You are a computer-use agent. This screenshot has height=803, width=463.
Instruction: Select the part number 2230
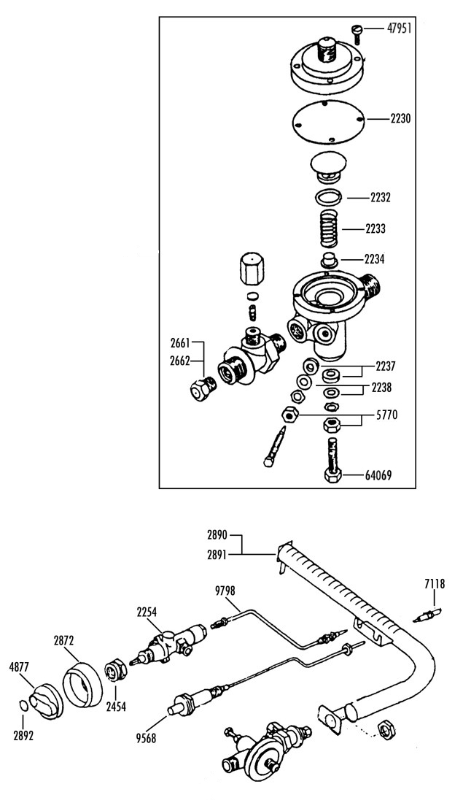pos(400,119)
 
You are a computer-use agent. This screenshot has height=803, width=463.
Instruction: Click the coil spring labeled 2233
pos(324,228)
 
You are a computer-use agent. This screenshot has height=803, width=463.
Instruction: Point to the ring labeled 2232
pos(327,196)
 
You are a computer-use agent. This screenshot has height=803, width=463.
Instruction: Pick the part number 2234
pos(375,260)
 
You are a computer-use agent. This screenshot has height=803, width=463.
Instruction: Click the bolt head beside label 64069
pos(332,476)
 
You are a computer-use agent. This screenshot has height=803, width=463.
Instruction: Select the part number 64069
pos(378,476)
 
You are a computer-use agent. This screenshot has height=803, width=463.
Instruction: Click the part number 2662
pos(180,361)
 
